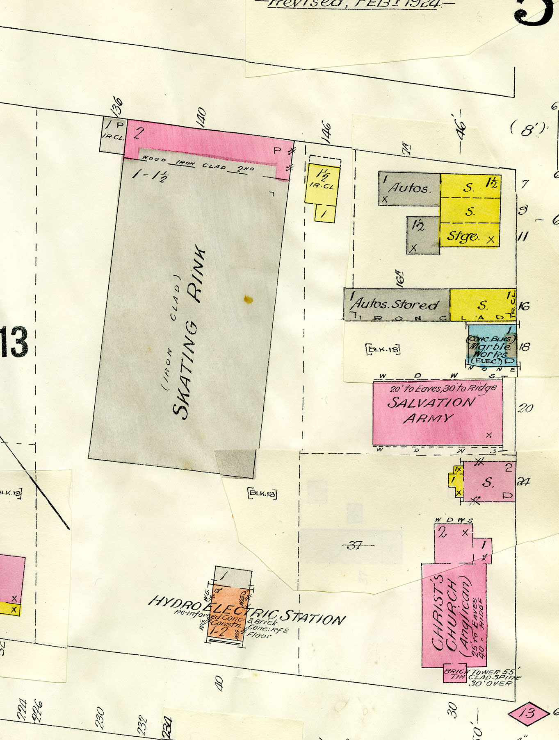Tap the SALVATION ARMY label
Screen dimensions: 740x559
point(431,410)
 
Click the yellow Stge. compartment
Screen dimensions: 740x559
point(469,236)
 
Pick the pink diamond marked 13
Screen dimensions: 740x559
point(529,713)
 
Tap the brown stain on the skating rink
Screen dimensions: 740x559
point(248,300)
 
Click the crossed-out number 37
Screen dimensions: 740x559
point(355,545)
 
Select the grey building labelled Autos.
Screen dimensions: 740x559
point(409,188)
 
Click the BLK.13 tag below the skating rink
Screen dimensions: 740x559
point(262,494)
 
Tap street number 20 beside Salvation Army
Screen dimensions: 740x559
point(525,408)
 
